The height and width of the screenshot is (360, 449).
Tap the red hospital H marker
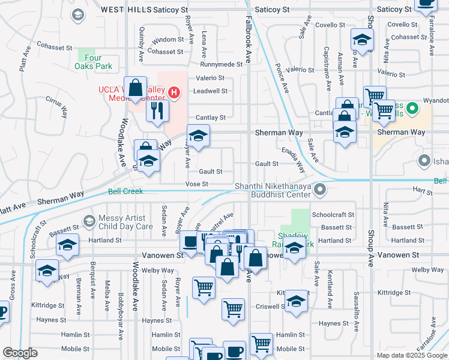[x=173, y=92]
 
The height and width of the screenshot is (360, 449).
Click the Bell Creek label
[x=126, y=191]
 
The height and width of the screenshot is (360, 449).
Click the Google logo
[x=20, y=353]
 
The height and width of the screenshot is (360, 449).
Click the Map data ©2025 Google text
[x=411, y=355]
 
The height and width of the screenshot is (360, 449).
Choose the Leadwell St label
[x=210, y=91]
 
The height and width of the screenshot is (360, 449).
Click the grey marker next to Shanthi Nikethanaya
[x=321, y=190]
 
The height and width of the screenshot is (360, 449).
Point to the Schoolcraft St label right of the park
[x=333, y=214]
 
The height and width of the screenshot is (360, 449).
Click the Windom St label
[x=163, y=40]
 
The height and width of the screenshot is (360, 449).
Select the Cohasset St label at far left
[x=55, y=45]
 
